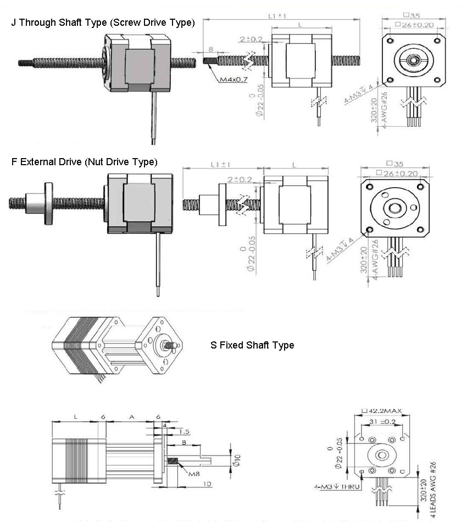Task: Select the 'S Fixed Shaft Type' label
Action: click(252, 345)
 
